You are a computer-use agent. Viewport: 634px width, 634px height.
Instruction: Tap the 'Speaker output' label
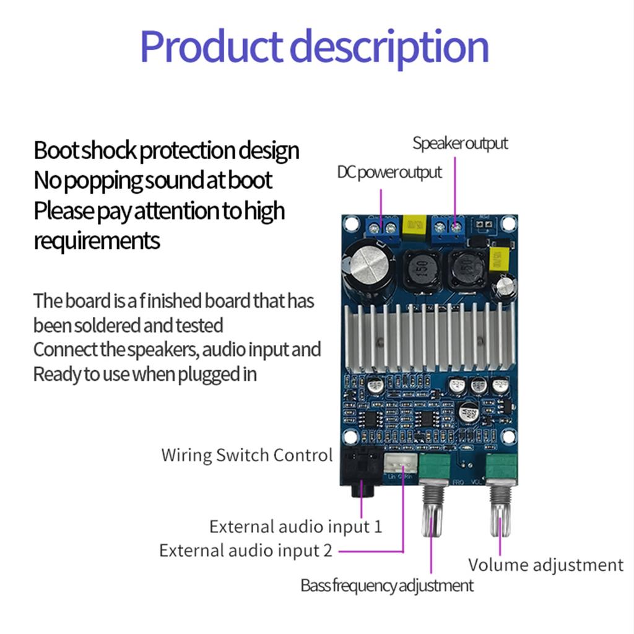point(460,143)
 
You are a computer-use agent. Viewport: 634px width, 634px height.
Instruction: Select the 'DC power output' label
point(389,172)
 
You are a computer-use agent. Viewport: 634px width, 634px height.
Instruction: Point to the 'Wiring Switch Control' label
point(246,455)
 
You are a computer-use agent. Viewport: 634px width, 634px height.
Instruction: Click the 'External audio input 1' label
point(295,527)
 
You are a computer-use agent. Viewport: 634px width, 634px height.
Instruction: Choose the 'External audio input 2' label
point(245,550)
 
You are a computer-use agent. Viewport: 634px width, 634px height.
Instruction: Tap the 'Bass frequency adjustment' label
point(387,585)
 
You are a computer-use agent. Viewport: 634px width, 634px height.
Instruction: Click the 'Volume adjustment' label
point(545,565)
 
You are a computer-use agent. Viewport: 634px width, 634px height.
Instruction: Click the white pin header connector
point(399,464)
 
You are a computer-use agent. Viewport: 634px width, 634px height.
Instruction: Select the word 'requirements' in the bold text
point(97,241)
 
